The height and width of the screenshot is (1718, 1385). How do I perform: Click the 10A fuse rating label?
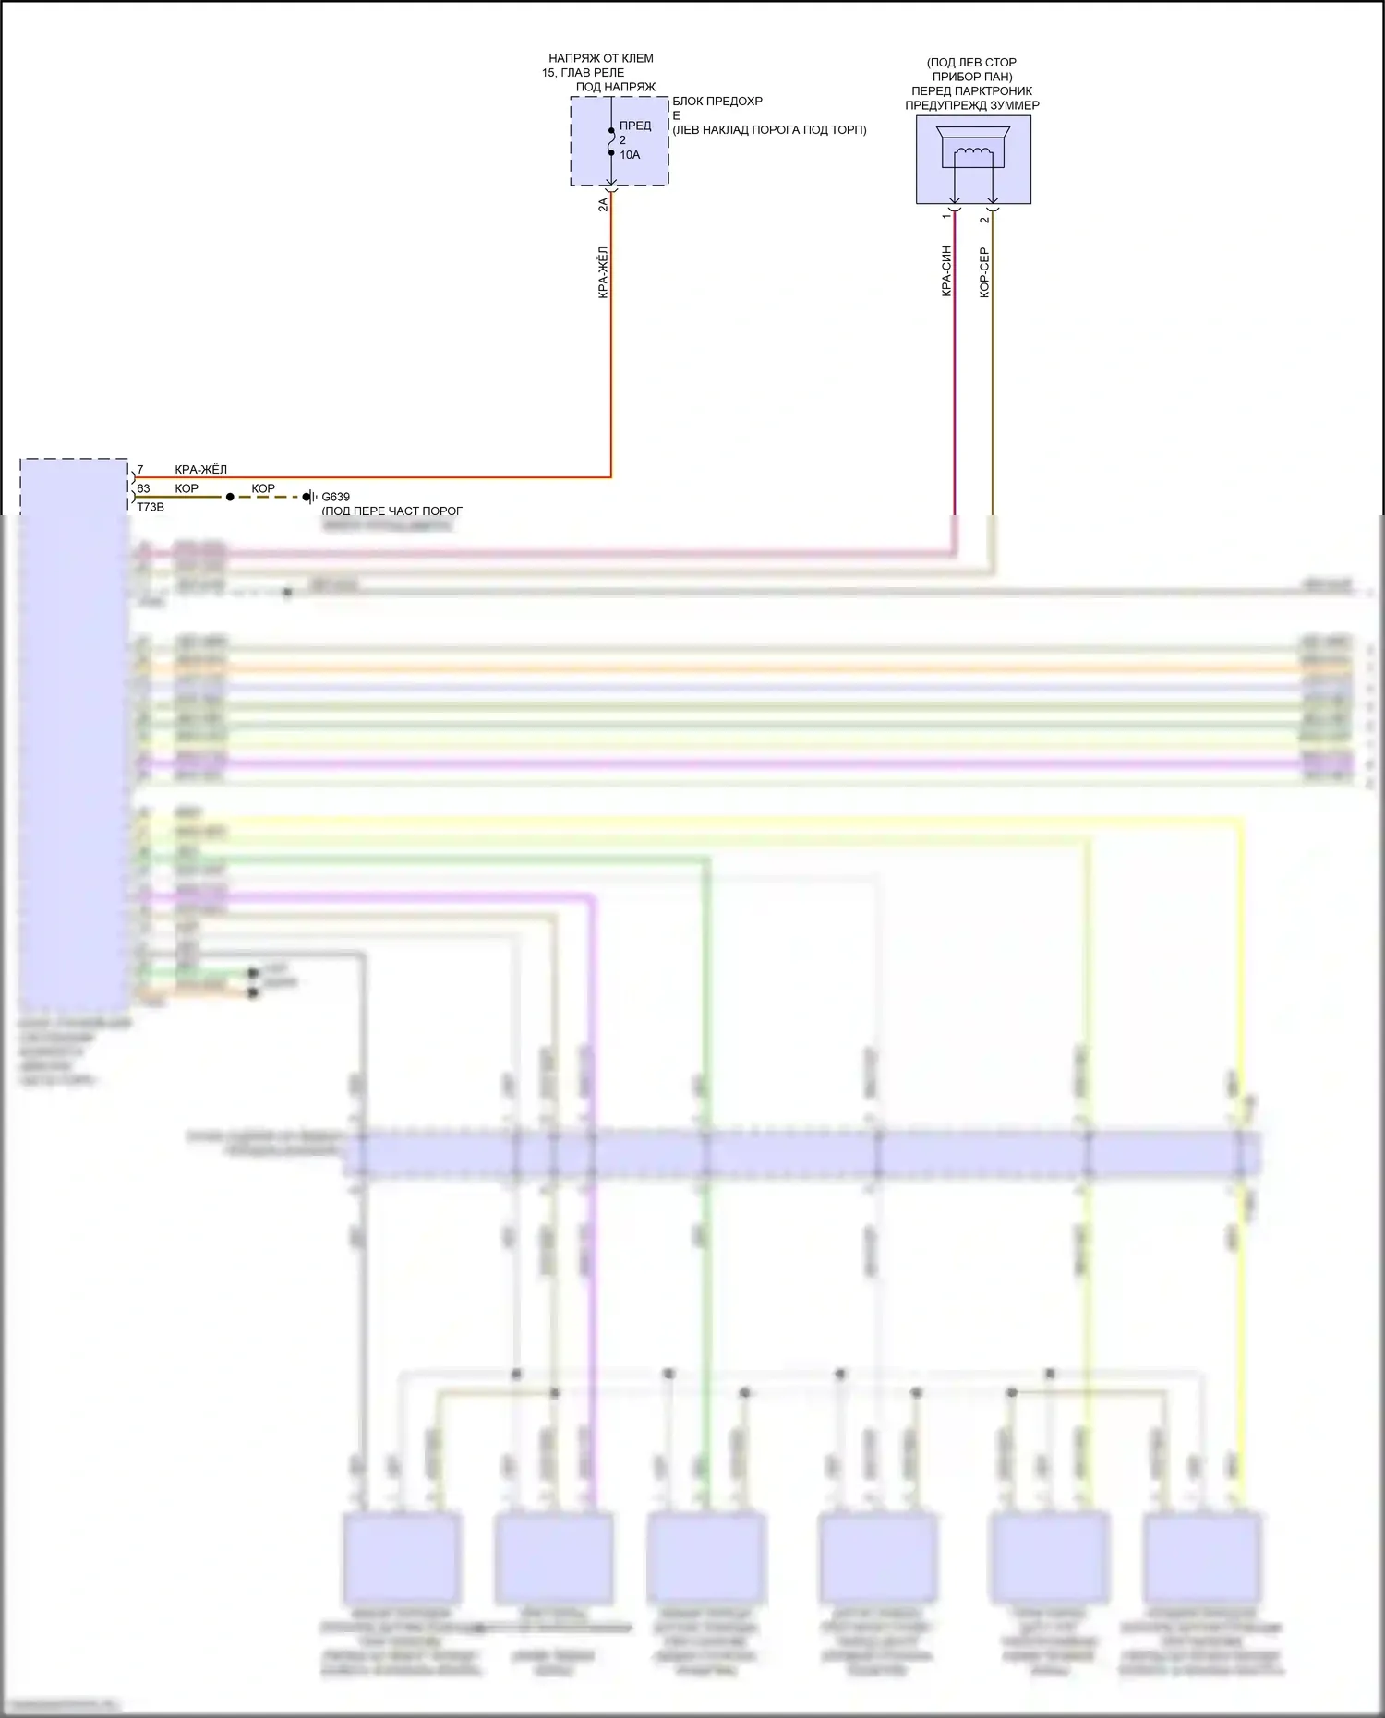630,155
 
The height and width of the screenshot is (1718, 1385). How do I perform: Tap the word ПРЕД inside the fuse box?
635,126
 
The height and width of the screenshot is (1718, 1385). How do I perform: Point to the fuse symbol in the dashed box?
611,141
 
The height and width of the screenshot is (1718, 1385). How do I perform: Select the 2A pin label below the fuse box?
603,204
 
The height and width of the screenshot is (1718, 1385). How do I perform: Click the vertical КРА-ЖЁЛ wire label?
603,272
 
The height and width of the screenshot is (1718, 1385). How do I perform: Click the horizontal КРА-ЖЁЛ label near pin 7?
200,470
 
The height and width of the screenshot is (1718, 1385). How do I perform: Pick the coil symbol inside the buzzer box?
972,153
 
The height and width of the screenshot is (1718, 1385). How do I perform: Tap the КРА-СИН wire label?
946,271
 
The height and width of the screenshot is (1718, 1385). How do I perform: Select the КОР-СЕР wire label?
984,272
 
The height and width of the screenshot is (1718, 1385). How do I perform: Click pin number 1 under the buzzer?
945,217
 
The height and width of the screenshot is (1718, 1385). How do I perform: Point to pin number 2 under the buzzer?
984,220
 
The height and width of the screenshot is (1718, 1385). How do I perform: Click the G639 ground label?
335,497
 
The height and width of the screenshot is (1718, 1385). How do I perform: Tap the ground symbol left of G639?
309,497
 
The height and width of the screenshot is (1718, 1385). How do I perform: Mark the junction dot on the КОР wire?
230,497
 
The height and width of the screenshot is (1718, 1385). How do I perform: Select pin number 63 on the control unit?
143,488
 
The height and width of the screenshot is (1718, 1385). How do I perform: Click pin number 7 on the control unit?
140,470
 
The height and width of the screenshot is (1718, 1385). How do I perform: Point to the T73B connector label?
151,507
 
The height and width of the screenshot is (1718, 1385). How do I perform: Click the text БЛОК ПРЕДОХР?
717,102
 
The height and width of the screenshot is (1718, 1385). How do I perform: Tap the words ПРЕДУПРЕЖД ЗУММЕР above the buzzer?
971,105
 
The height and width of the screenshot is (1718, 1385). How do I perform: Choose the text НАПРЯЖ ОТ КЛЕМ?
601,58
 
